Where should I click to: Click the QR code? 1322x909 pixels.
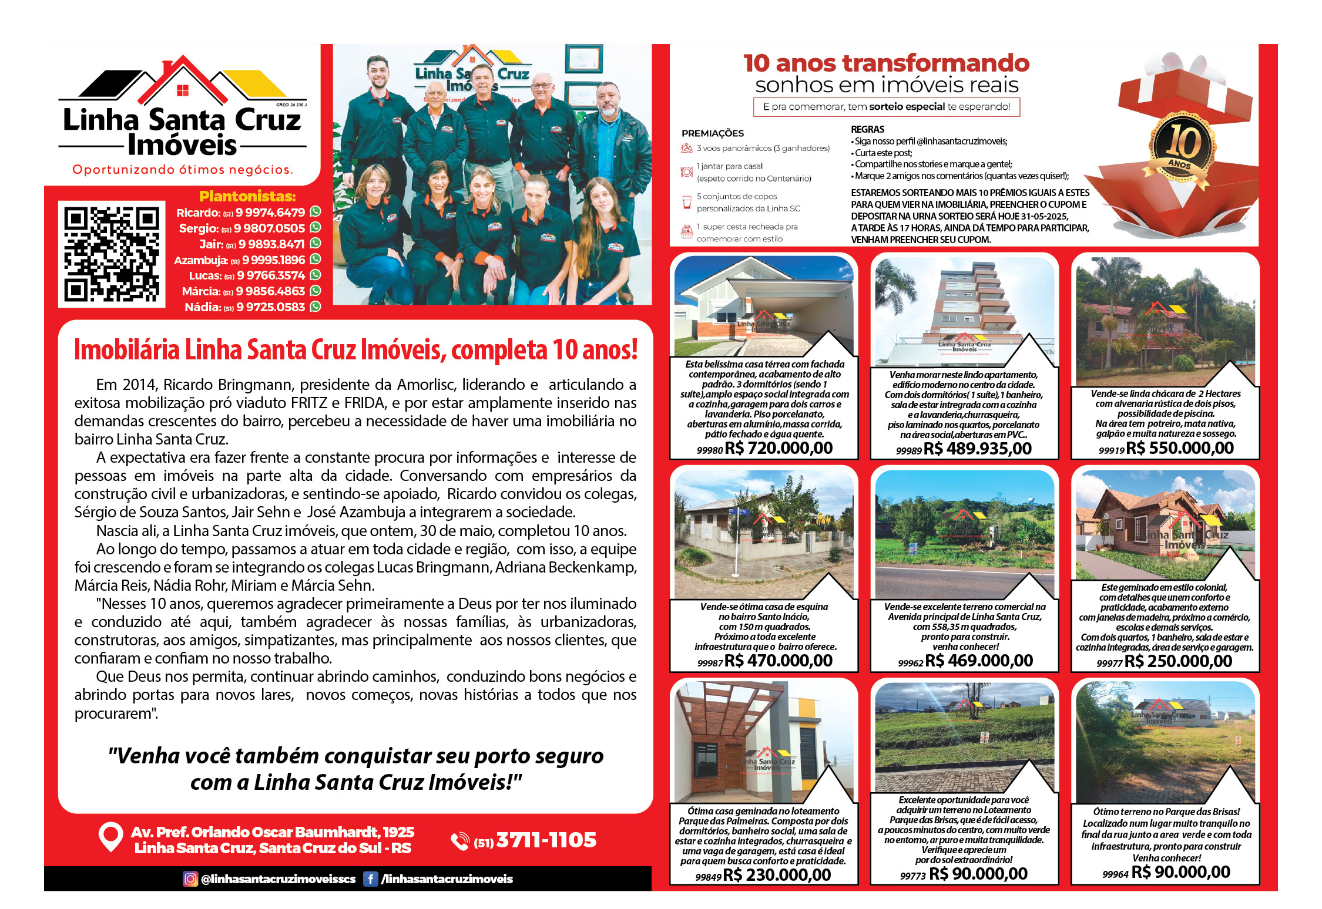(112, 254)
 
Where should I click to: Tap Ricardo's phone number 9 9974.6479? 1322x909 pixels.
(270, 213)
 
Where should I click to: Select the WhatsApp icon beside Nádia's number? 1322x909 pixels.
(316, 307)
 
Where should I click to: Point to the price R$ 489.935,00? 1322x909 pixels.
(978, 449)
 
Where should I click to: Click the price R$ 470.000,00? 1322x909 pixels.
(779, 661)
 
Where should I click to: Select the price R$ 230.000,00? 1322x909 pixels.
(777, 876)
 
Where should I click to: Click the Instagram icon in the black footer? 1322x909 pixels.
(190, 879)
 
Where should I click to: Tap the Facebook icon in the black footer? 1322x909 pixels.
(370, 879)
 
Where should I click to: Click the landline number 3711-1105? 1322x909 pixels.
(546, 840)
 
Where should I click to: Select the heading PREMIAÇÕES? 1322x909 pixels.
(712, 133)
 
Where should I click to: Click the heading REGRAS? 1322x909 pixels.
(867, 129)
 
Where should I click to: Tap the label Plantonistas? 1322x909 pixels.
(247, 196)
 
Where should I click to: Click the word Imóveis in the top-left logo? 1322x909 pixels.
(182, 146)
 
